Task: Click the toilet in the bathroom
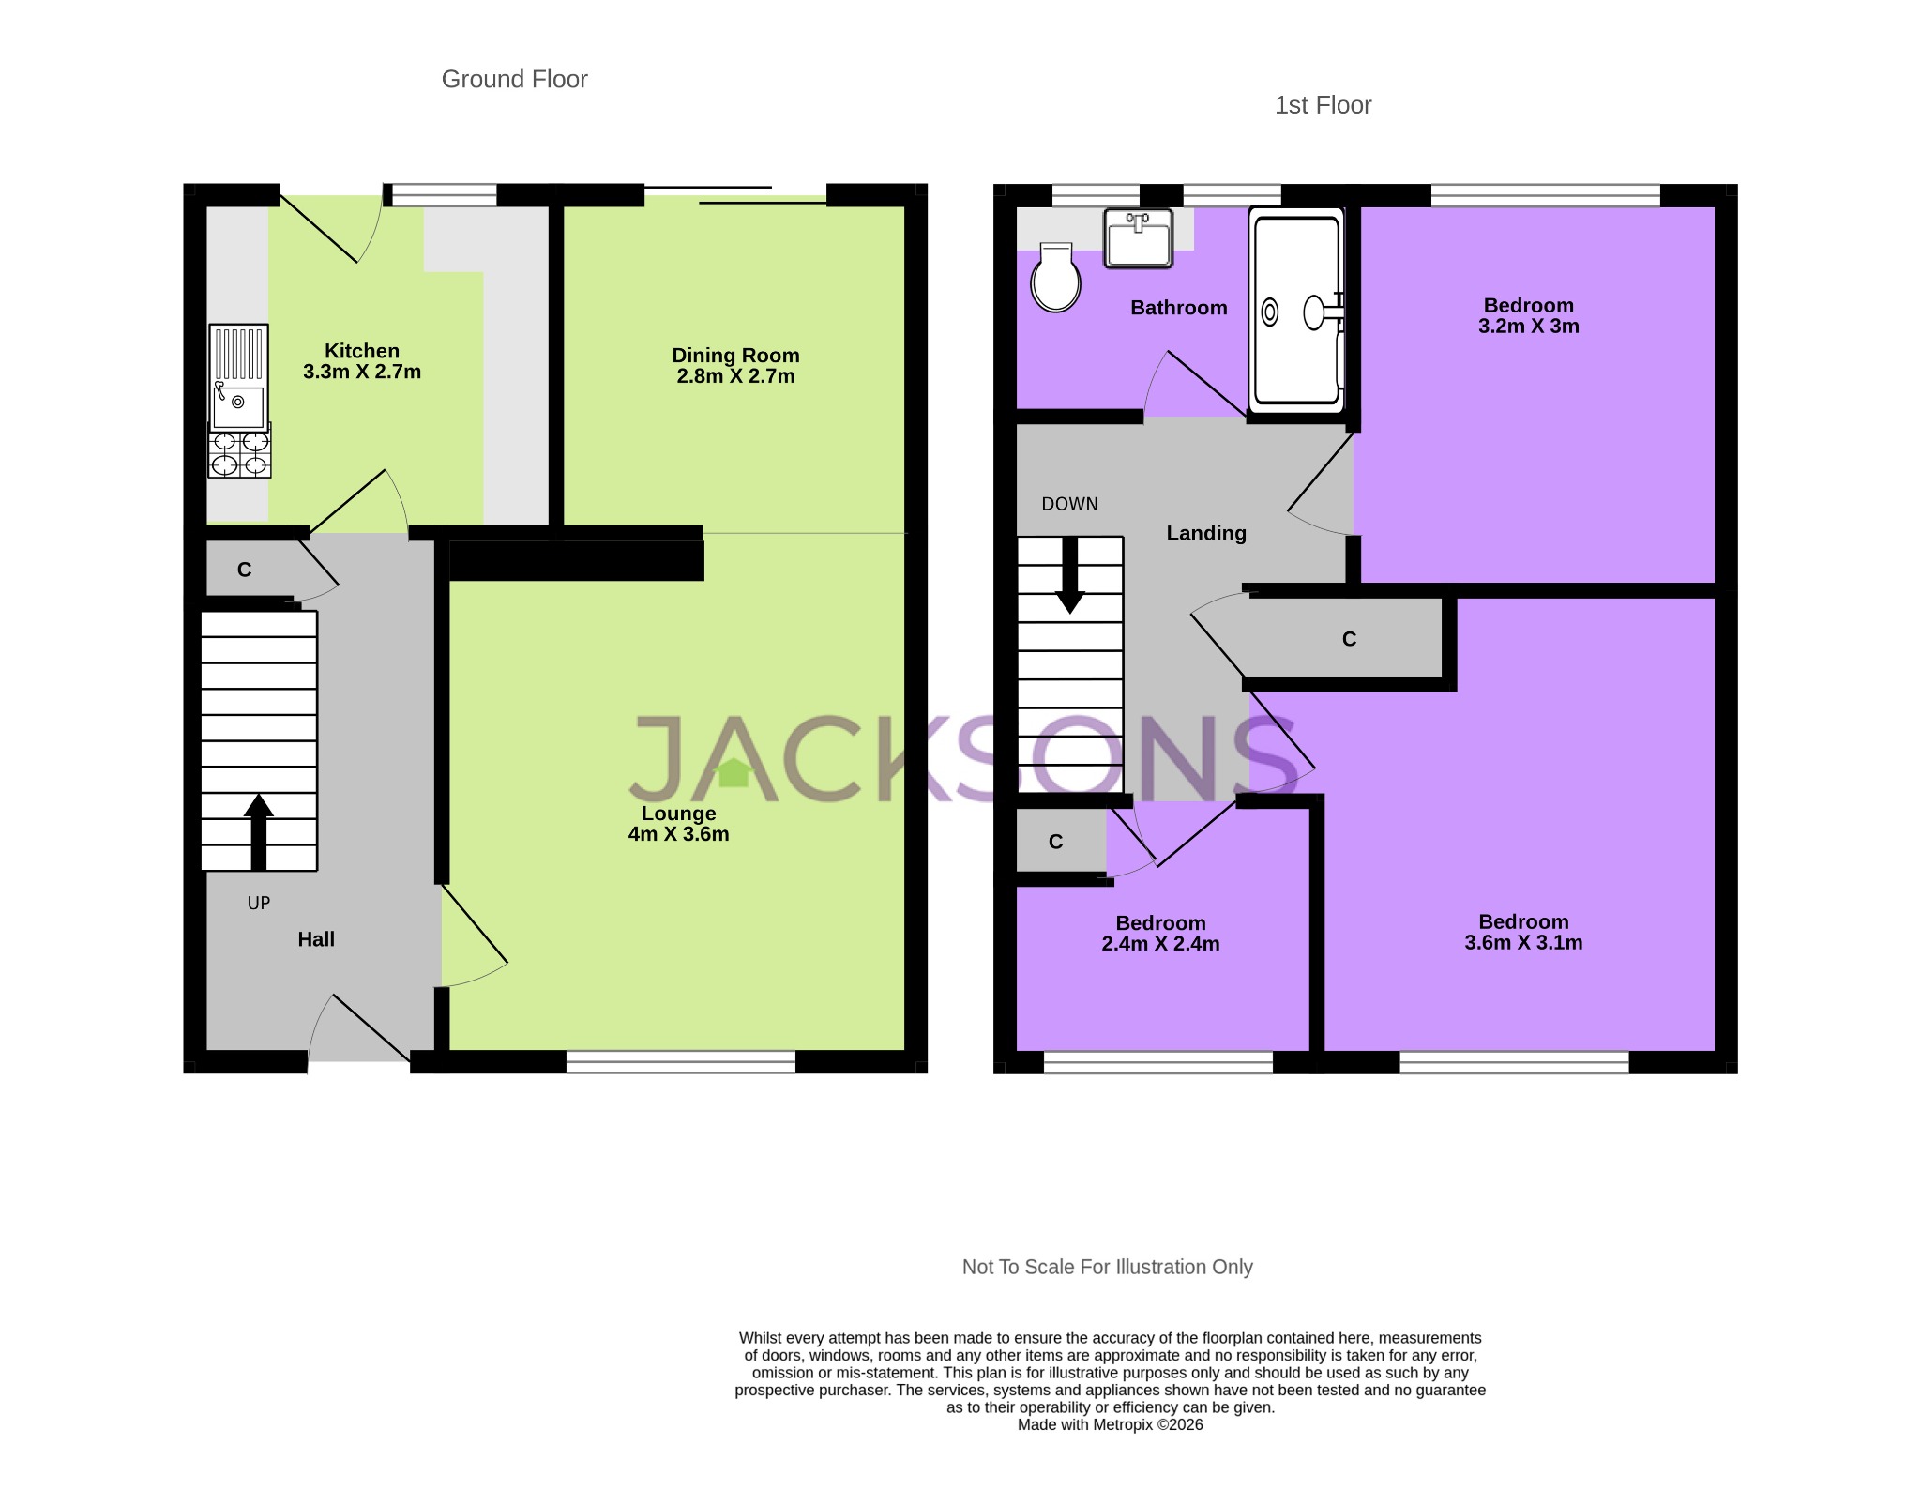pos(1055,278)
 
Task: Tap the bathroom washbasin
pos(1138,238)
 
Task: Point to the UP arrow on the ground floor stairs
pos(259,831)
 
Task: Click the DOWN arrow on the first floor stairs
pos(1069,575)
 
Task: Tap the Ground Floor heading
pos(514,80)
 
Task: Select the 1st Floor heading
pos(1323,105)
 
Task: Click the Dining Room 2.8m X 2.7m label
pos(735,366)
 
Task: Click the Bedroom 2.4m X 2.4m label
pos(1160,934)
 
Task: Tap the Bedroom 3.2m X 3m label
pos(1528,316)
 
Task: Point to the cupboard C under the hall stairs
pos(245,570)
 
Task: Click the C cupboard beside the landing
pos(1349,639)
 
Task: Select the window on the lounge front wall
pos(681,1061)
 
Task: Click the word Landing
pos(1206,533)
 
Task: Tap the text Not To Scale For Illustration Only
pos(1107,1267)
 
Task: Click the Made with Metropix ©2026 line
pos(1110,1424)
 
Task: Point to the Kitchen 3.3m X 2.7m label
pos(362,361)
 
